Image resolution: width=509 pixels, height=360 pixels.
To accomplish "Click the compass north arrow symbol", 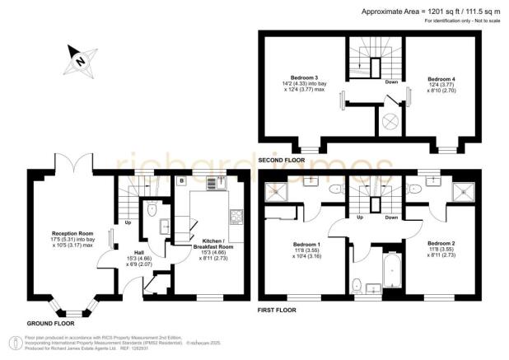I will point(78,59).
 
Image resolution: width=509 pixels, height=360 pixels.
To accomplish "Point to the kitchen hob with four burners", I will point(235,217).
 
